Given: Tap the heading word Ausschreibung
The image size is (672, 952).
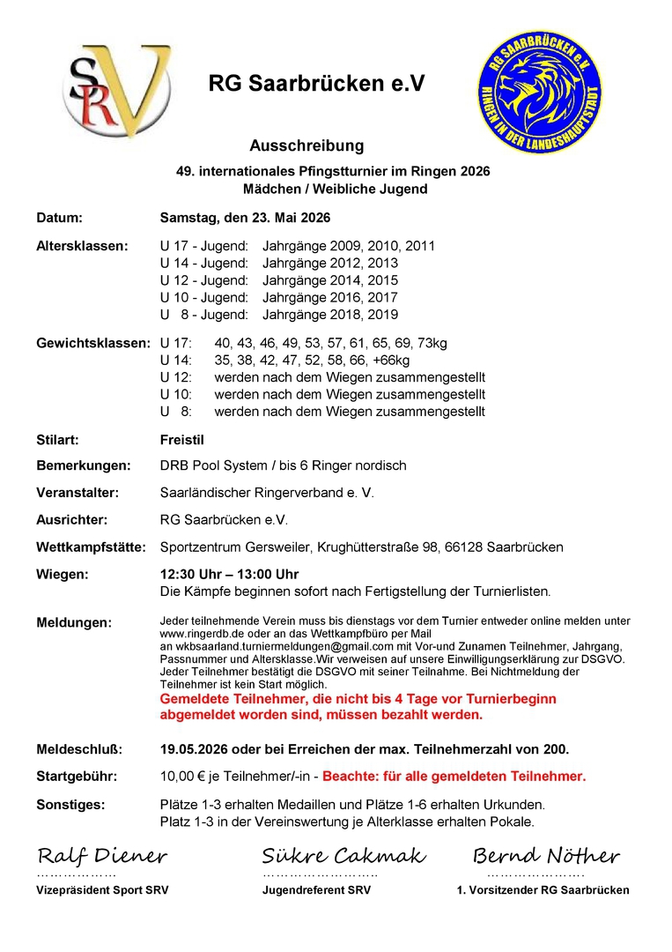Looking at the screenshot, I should click(306, 145).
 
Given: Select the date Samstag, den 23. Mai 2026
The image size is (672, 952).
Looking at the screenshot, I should click(246, 217).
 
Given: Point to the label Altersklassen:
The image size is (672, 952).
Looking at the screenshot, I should click(81, 246).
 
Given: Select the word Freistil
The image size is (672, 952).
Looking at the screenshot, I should click(182, 439).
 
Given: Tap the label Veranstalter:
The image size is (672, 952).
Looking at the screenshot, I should click(78, 493).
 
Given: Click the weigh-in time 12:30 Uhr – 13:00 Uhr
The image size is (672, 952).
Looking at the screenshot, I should click(229, 575).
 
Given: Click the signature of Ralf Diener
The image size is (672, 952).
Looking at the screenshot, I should click(102, 856).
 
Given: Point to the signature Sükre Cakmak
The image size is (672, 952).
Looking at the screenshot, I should click(343, 856).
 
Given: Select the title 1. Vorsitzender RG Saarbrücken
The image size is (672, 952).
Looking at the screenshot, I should click(543, 890).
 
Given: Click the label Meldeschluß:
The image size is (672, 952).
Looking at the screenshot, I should click(79, 749).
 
